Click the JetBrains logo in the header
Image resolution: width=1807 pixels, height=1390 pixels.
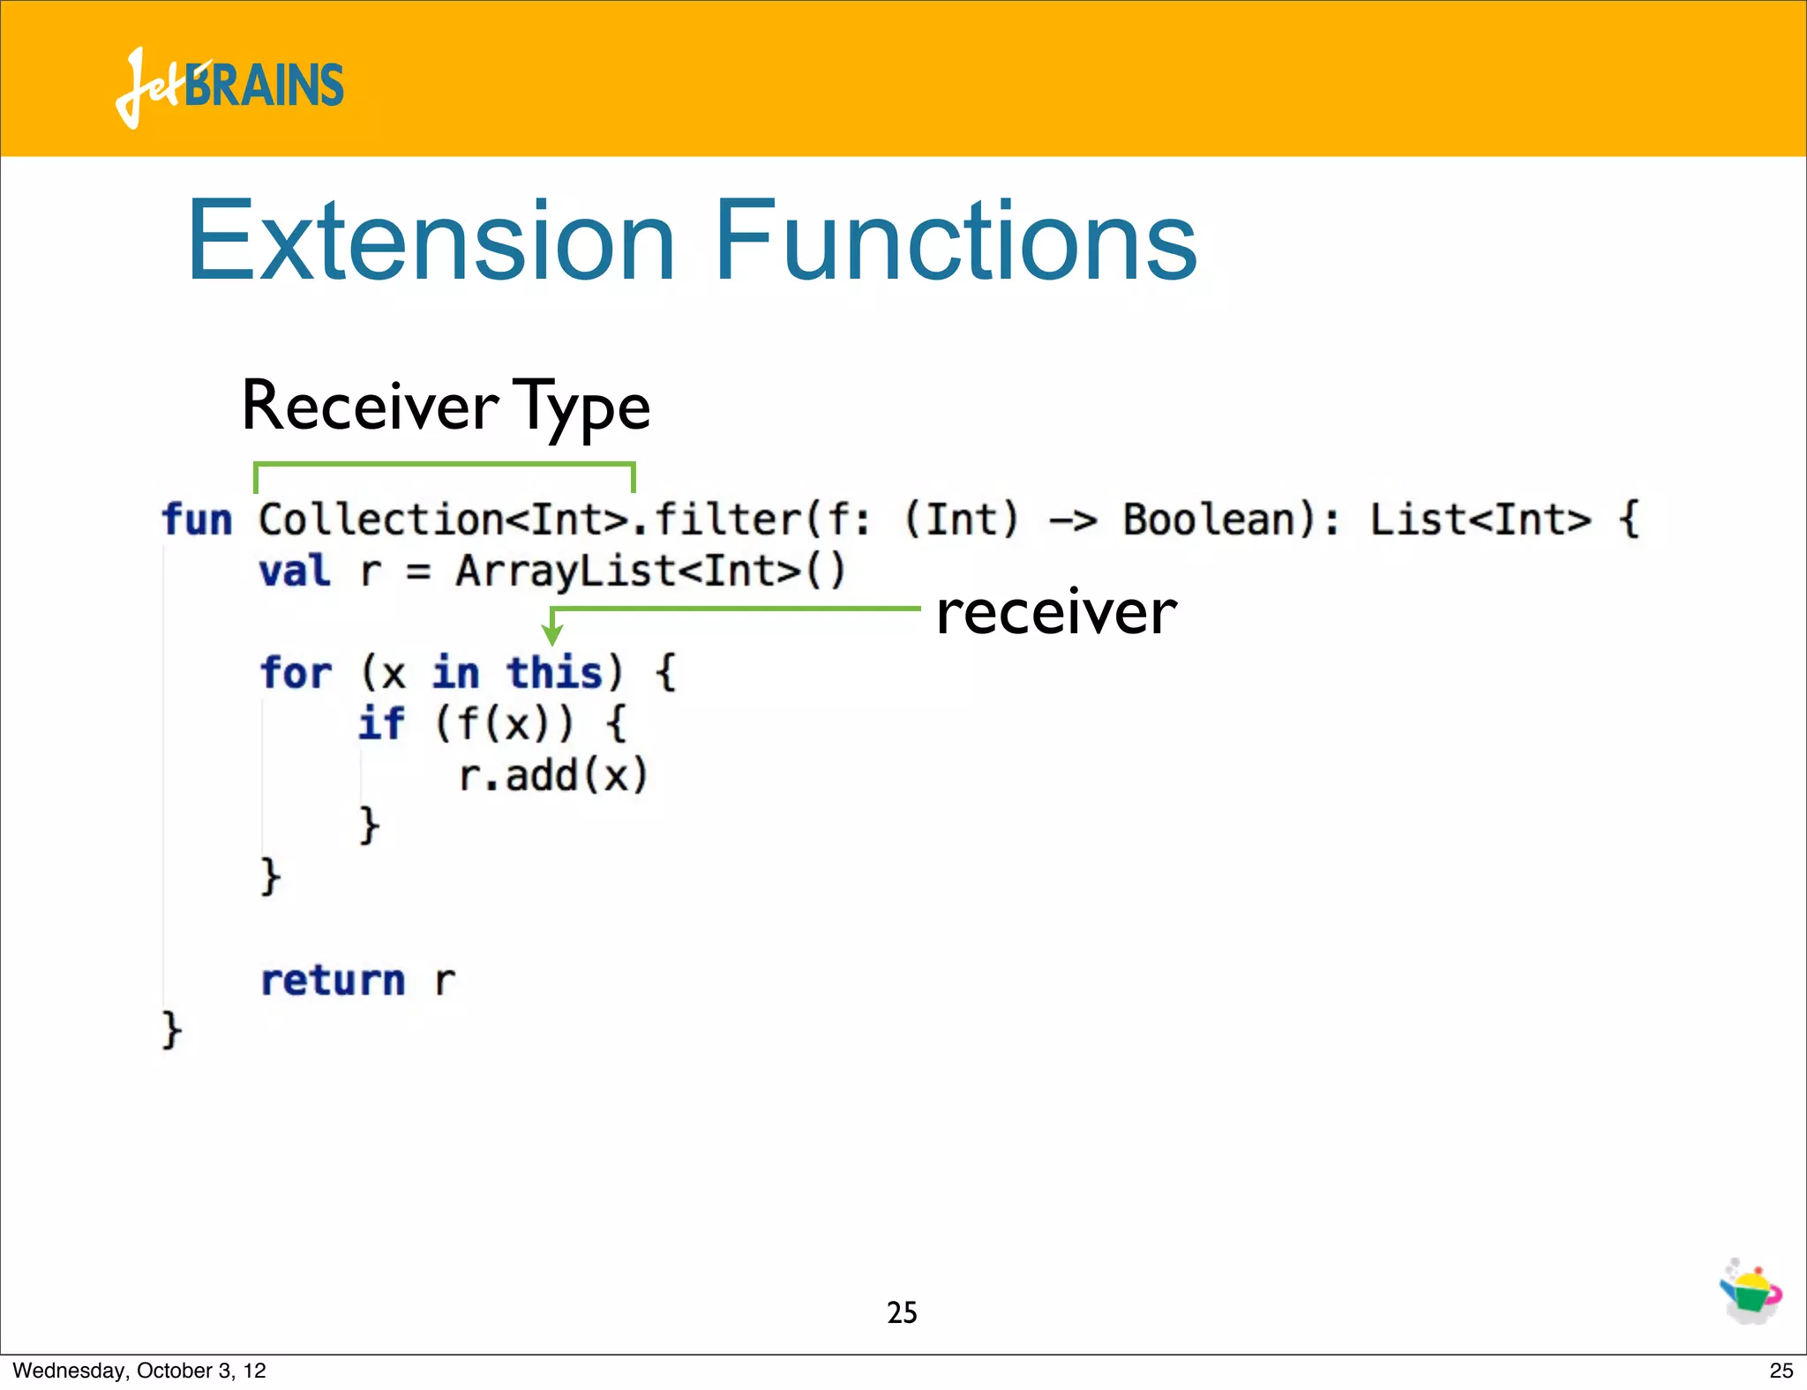(x=229, y=86)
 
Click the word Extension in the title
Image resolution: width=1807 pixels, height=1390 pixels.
(x=431, y=241)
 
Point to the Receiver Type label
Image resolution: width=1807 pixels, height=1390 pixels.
(x=446, y=407)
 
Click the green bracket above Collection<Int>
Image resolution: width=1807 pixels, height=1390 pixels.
(x=444, y=464)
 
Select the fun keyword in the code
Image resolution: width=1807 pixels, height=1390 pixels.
(x=197, y=519)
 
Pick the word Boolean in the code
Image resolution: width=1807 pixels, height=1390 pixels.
(x=1209, y=519)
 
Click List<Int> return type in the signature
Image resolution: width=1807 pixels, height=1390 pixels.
(x=1480, y=519)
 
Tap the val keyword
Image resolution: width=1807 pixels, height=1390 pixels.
(x=295, y=571)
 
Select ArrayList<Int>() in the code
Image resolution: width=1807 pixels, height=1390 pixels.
(x=650, y=571)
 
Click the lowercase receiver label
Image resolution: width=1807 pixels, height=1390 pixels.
(x=1056, y=612)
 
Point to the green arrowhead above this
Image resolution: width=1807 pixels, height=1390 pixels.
(x=552, y=634)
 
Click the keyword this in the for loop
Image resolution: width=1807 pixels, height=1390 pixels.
(x=554, y=673)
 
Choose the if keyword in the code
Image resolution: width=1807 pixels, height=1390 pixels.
(x=381, y=724)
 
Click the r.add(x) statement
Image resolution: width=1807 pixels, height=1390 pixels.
(x=553, y=776)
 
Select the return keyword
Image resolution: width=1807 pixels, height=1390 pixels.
(x=333, y=981)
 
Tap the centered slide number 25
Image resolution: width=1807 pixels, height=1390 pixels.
(x=902, y=1312)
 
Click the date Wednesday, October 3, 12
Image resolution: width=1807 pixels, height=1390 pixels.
(x=139, y=1371)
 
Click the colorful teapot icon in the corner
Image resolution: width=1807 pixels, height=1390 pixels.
(x=1751, y=1291)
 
